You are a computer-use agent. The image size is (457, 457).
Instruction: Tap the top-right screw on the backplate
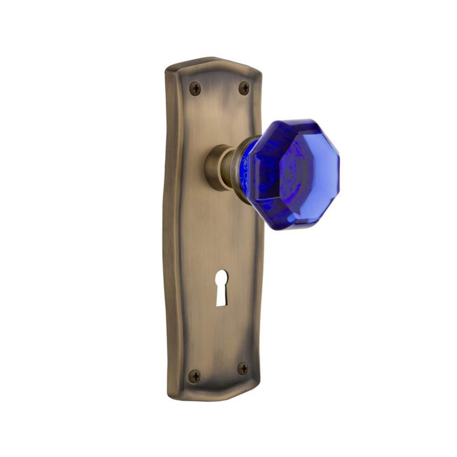245,88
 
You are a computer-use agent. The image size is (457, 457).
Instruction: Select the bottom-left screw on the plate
194,376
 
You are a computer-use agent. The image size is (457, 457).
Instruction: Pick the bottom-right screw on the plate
243,368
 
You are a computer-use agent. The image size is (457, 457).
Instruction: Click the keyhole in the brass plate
220,287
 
